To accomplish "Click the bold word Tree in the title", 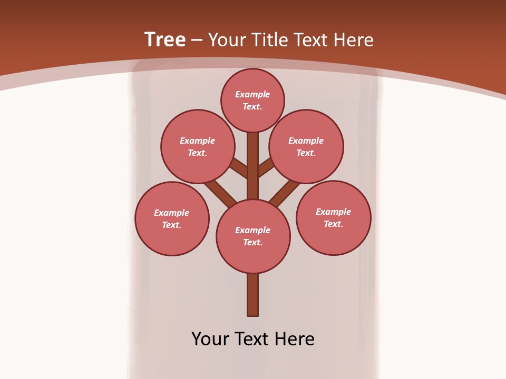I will (x=165, y=39).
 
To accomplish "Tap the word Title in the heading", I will (x=268, y=40).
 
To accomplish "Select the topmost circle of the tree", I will (x=252, y=100).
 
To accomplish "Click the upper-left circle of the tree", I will (x=198, y=146).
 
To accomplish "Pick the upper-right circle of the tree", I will (x=306, y=146).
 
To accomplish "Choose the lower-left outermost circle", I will (x=172, y=218).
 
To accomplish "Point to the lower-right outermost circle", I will (x=334, y=217).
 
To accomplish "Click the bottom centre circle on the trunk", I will (x=253, y=236).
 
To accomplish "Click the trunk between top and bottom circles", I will (x=253, y=168).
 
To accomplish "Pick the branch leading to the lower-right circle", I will (x=285, y=193).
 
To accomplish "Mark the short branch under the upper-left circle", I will (x=239, y=168).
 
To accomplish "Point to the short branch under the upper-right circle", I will (x=266, y=167).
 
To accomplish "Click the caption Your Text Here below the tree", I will (x=253, y=339).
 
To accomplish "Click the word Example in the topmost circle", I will (x=252, y=94).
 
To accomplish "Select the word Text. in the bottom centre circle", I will (x=252, y=243).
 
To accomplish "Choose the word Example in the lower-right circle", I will (x=333, y=212).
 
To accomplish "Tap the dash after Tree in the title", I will (x=197, y=40).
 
